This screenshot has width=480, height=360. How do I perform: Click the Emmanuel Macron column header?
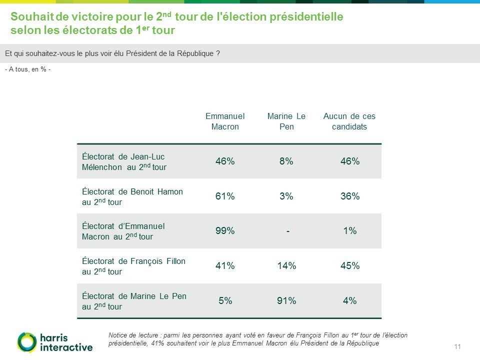[x=225, y=121]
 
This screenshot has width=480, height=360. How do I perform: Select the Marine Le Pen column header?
[x=286, y=121]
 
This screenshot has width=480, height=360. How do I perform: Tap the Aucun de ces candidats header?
[x=349, y=121]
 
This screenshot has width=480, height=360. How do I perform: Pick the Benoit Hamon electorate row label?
[x=132, y=196]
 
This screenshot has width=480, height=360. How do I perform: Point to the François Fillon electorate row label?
[x=133, y=266]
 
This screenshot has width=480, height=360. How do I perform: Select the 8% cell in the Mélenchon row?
[x=286, y=161]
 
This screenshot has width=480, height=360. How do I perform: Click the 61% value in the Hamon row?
[x=225, y=196]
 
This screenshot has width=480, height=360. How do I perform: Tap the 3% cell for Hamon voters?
[x=286, y=196]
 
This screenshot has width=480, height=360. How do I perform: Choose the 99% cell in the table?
[x=225, y=231]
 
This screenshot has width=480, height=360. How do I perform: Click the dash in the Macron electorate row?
[x=288, y=231]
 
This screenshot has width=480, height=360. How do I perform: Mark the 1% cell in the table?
[x=349, y=231]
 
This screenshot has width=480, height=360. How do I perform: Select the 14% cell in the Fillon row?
[x=286, y=266]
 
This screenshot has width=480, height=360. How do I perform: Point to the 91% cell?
[x=286, y=301]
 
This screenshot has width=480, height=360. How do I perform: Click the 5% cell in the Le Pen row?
[x=225, y=301]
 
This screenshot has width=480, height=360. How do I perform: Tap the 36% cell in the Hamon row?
[x=349, y=196]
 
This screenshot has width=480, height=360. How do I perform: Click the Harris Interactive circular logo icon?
[x=26, y=342]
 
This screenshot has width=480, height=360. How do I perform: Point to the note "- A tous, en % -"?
[x=27, y=69]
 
